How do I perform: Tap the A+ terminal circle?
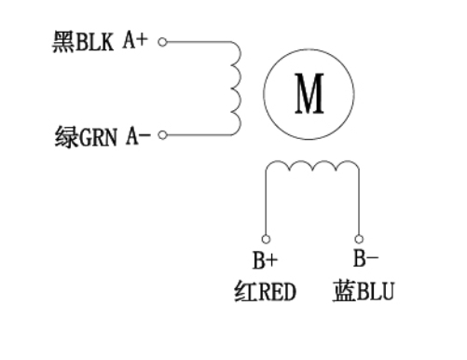pyautogui.click(x=162, y=42)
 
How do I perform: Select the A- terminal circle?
pyautogui.click(x=162, y=135)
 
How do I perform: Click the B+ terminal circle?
pyautogui.click(x=266, y=239)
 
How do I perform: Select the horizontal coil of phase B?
pyautogui.click(x=312, y=167)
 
